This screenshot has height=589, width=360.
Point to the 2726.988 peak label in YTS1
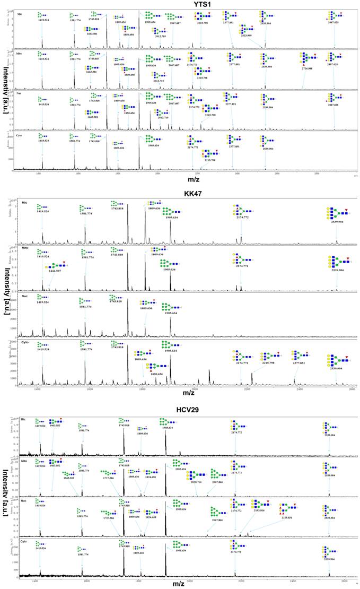(306, 69)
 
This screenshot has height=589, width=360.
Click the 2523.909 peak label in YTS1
(246, 36)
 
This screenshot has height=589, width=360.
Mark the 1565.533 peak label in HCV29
(69, 471)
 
